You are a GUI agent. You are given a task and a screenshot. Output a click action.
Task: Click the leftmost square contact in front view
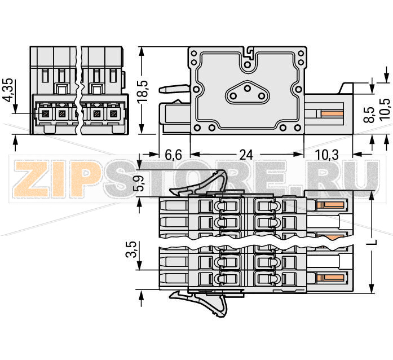click(x=44, y=114)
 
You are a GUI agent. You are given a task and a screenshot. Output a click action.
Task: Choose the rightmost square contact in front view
click(x=114, y=114)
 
